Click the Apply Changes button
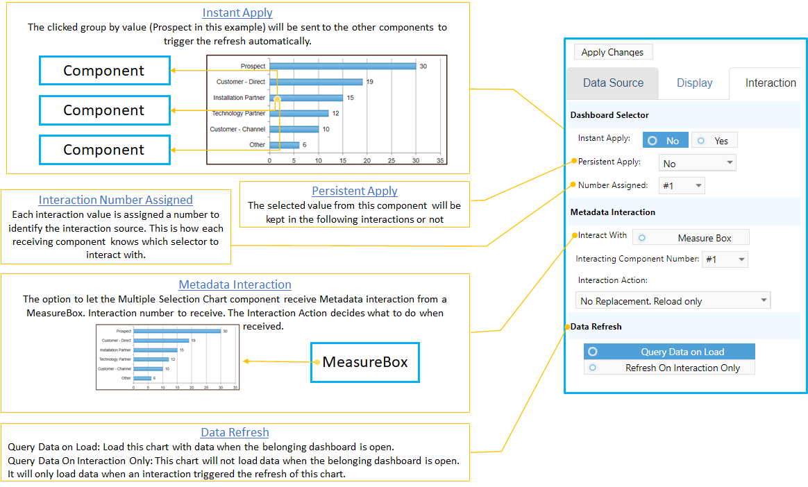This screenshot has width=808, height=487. [612, 52]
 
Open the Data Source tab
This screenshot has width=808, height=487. [612, 83]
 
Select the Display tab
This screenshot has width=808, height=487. [694, 83]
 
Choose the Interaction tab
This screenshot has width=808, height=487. [770, 83]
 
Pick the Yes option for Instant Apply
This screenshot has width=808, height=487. [714, 140]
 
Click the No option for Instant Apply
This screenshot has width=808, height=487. [665, 140]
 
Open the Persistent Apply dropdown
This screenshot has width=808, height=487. [697, 164]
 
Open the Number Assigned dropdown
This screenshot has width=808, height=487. [681, 185]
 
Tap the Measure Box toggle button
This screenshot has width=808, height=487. [691, 238]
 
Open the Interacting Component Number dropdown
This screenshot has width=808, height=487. [725, 259]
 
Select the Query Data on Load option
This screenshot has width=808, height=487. [669, 352]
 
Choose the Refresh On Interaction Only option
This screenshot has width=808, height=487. [669, 368]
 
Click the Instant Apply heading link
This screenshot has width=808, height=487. [237, 12]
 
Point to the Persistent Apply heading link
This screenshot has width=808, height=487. [355, 191]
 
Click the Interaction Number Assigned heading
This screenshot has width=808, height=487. [115, 200]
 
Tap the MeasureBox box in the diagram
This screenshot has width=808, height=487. [365, 361]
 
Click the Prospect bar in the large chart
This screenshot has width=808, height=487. [342, 67]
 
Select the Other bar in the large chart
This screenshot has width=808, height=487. [284, 145]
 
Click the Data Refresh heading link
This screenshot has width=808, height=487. [235, 432]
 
